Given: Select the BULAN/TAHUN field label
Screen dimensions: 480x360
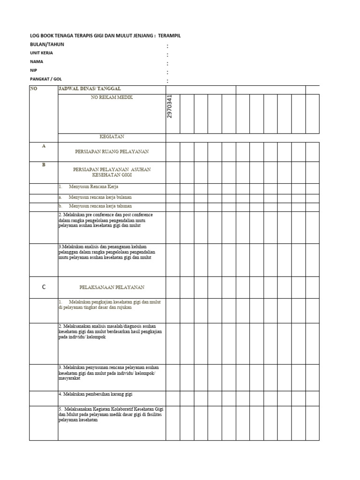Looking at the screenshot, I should pyautogui.click(x=47, y=45).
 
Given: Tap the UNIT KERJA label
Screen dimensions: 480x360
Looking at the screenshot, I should pyautogui.click(x=42, y=53).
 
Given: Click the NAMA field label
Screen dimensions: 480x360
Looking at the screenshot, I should pyautogui.click(x=37, y=61).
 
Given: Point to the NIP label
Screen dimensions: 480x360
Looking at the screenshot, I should pyautogui.click(x=34, y=70).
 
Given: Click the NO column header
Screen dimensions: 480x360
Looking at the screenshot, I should pyautogui.click(x=33, y=88).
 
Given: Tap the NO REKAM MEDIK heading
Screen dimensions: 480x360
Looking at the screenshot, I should pyautogui.click(x=112, y=97).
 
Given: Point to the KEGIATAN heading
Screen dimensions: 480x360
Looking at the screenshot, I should pyautogui.click(x=112, y=137).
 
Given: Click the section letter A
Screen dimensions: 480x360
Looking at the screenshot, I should pyautogui.click(x=44, y=146).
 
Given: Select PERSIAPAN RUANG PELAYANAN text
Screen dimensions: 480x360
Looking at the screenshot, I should pyautogui.click(x=112, y=152).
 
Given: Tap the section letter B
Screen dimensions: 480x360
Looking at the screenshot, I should pyautogui.click(x=44, y=165).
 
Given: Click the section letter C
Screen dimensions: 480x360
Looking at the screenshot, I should pyautogui.click(x=44, y=287).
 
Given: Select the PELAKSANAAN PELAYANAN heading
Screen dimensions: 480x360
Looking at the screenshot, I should pyautogui.click(x=112, y=287).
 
